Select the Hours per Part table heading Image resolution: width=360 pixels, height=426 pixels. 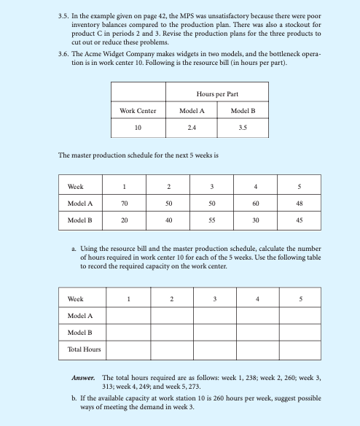(219, 94)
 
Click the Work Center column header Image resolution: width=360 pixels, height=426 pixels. (138, 111)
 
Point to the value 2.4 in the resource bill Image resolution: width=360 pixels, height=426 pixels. (192, 127)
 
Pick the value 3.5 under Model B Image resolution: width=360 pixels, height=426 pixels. (243, 127)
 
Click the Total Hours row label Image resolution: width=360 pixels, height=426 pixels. (84, 349)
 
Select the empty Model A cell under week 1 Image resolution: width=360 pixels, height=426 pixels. (128, 315)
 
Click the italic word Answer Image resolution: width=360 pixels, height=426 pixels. (85, 379)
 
